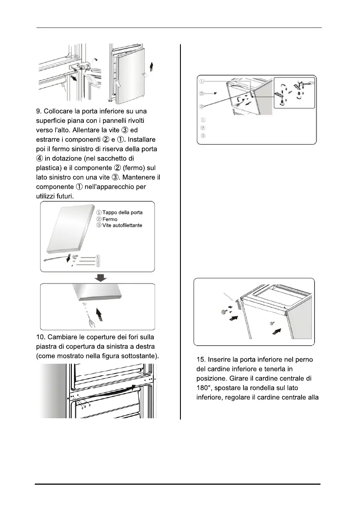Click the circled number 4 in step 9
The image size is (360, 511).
click(39, 158)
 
